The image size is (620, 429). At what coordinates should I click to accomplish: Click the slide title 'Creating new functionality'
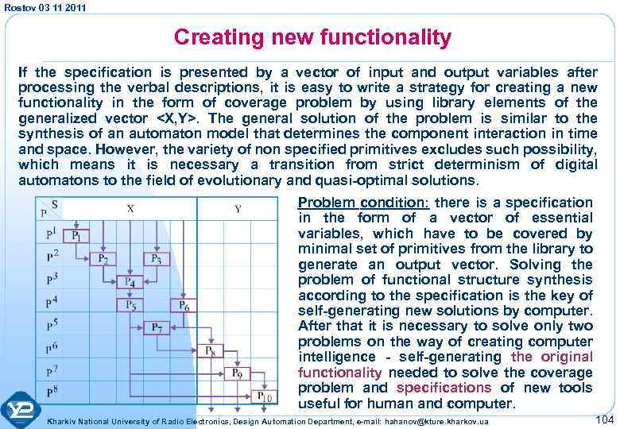(312, 37)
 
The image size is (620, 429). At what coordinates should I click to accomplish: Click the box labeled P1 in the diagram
(80, 236)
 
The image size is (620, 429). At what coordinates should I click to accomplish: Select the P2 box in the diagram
(105, 258)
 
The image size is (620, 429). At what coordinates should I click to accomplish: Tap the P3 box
(156, 258)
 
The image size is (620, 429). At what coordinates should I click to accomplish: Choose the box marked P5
(130, 305)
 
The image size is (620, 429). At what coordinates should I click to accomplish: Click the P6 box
(181, 305)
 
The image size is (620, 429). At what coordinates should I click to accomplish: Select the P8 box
(211, 350)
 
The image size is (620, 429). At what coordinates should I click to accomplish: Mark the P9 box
(236, 373)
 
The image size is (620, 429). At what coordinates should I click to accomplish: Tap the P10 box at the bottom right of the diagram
(264, 396)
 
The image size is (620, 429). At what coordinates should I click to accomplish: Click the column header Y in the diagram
(238, 208)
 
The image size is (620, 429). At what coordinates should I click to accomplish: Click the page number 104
(603, 418)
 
